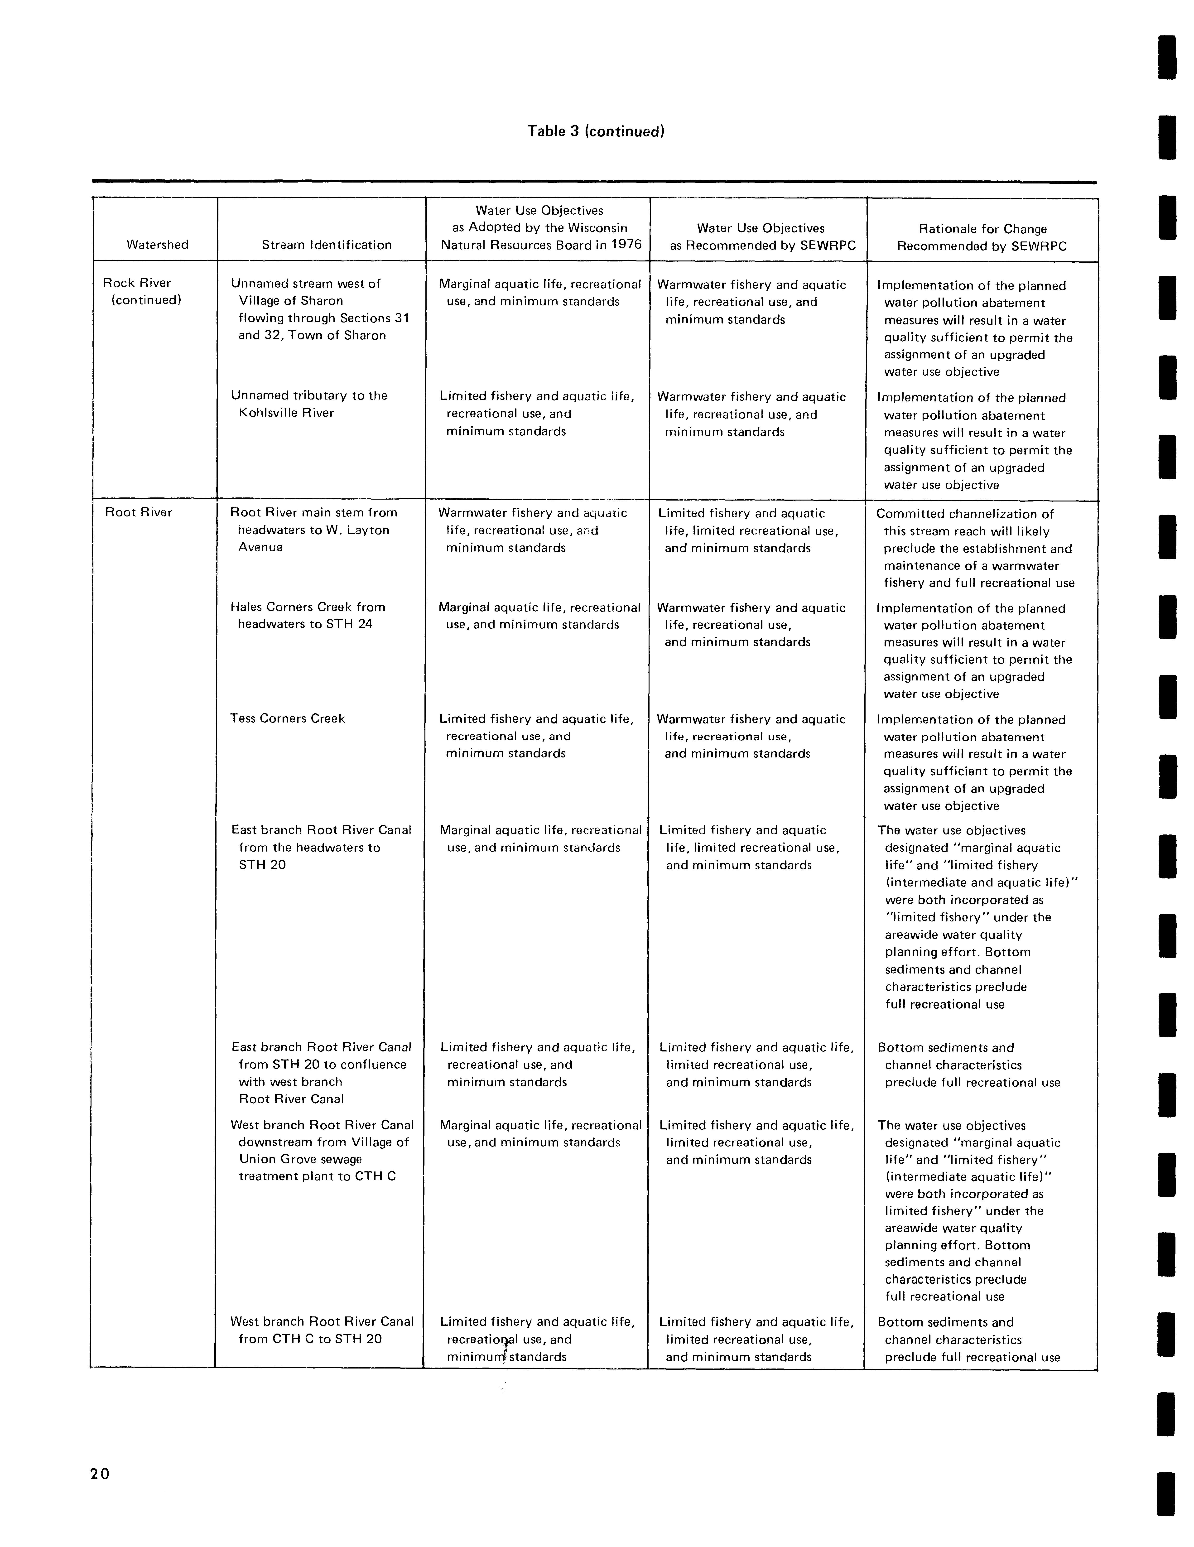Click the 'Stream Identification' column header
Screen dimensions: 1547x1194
[327, 245]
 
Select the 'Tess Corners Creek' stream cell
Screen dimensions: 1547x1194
[288, 718]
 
